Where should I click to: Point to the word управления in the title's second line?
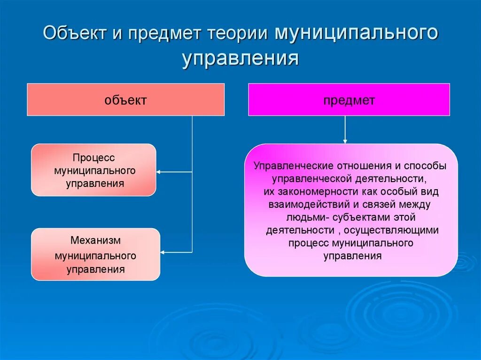240,60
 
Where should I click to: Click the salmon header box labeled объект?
125,100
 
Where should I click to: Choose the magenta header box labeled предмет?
349,100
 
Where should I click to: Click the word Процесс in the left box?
94,158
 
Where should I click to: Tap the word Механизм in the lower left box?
96,240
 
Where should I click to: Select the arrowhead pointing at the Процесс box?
158,172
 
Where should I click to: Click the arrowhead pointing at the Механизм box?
163,253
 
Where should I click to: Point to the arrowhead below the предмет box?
345,141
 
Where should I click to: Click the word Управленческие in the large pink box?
288,166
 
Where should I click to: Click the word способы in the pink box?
427,166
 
